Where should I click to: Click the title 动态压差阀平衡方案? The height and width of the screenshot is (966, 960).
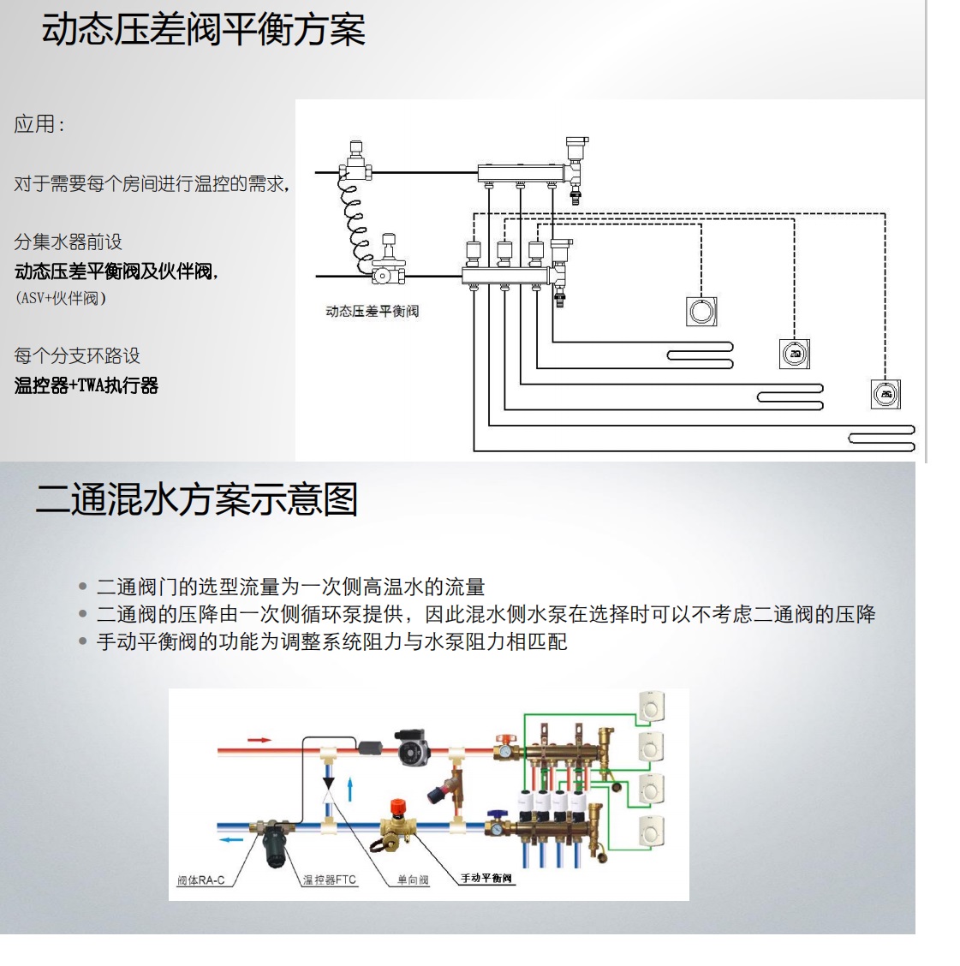[203, 30]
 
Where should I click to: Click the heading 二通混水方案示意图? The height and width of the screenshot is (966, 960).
[196, 499]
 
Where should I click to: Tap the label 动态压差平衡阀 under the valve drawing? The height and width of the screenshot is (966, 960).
[372, 311]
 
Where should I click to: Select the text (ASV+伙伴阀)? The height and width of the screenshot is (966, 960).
[60, 299]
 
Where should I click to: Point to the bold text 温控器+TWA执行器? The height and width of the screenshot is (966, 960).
[86, 385]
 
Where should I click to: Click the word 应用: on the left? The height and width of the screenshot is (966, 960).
[39, 124]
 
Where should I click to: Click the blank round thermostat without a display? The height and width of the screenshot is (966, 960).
[701, 310]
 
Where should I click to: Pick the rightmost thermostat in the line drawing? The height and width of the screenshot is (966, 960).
[885, 394]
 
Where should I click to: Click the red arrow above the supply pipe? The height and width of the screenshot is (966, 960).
[259, 739]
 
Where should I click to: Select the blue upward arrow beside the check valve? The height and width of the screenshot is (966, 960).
[349, 790]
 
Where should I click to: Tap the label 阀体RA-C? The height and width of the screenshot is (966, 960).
[200, 880]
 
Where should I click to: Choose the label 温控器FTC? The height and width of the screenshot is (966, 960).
[329, 880]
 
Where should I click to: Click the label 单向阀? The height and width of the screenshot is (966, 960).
[413, 880]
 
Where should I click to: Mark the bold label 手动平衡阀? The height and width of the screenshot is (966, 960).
[486, 879]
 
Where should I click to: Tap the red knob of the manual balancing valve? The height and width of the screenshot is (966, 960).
[398, 806]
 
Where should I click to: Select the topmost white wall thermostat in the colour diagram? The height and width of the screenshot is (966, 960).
[652, 707]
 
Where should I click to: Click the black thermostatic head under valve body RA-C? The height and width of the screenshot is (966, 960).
[276, 843]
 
